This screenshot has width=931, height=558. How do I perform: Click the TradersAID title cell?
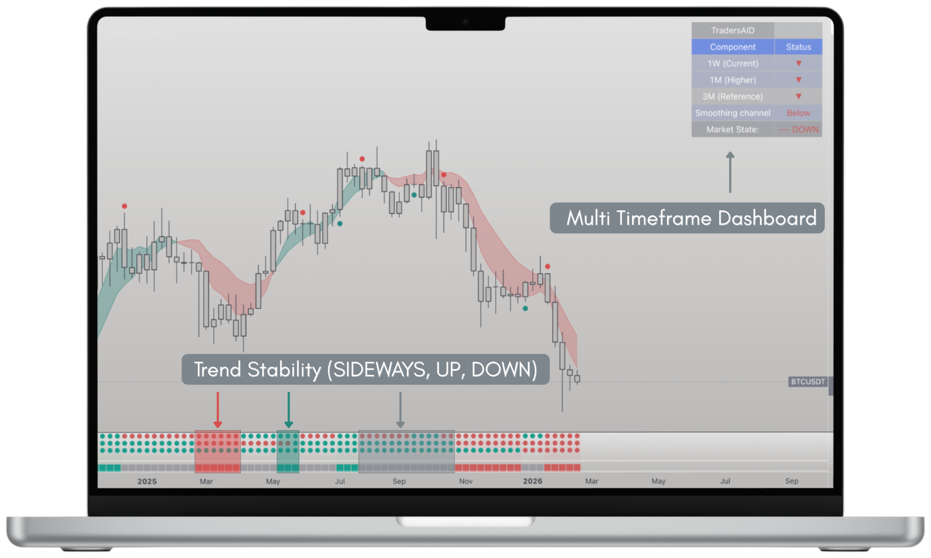tap(732, 31)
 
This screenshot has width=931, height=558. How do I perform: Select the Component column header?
tap(732, 47)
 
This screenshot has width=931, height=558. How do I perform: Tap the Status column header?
tap(798, 47)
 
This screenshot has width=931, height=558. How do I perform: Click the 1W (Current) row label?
tap(732, 63)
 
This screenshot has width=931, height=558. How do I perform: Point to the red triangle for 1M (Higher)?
tap(799, 80)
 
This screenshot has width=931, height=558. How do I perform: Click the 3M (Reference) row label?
tap(732, 96)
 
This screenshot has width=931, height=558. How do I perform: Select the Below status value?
tap(798, 113)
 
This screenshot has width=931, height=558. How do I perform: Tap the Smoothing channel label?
tap(732, 113)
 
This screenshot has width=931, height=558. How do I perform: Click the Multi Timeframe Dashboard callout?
tap(687, 218)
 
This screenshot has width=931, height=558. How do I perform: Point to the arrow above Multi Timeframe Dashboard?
tap(730, 172)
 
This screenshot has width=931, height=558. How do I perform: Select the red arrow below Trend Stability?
tap(218, 410)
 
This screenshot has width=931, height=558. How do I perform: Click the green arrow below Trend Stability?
tap(289, 410)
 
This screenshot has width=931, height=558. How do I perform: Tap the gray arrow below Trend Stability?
tap(400, 410)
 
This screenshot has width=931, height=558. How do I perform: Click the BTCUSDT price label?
tap(808, 382)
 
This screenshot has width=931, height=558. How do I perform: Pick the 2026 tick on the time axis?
tap(532, 481)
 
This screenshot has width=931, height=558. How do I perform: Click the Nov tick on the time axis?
tap(465, 481)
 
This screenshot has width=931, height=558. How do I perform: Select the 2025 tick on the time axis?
tap(147, 481)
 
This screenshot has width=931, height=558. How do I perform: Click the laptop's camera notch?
tap(465, 23)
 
